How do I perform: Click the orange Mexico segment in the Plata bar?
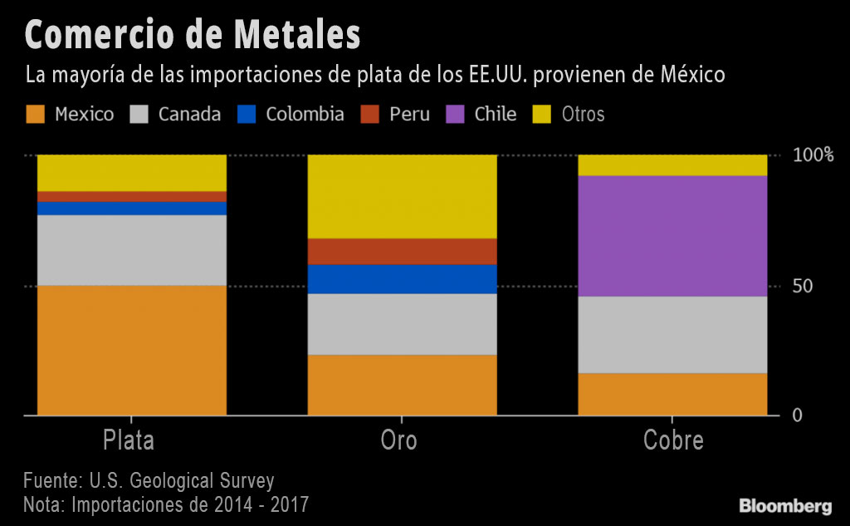coord(132,350)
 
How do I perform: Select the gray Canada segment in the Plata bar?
coord(132,250)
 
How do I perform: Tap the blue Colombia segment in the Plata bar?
coord(132,209)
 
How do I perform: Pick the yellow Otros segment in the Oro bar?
coord(403,196)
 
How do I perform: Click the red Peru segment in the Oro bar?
coord(403,251)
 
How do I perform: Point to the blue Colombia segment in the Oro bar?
coord(403,279)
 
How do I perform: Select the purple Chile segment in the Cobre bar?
coord(672,236)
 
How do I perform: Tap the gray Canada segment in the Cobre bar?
coord(672,335)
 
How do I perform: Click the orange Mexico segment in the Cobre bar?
coord(672,394)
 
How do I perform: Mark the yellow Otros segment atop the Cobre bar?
coord(672,165)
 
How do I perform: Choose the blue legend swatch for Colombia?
coord(247,115)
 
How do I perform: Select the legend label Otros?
coord(583,115)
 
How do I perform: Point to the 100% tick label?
coord(813,155)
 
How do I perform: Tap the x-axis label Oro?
coord(399,440)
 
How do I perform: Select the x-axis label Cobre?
coord(673,440)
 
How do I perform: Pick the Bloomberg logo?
coord(785,505)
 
